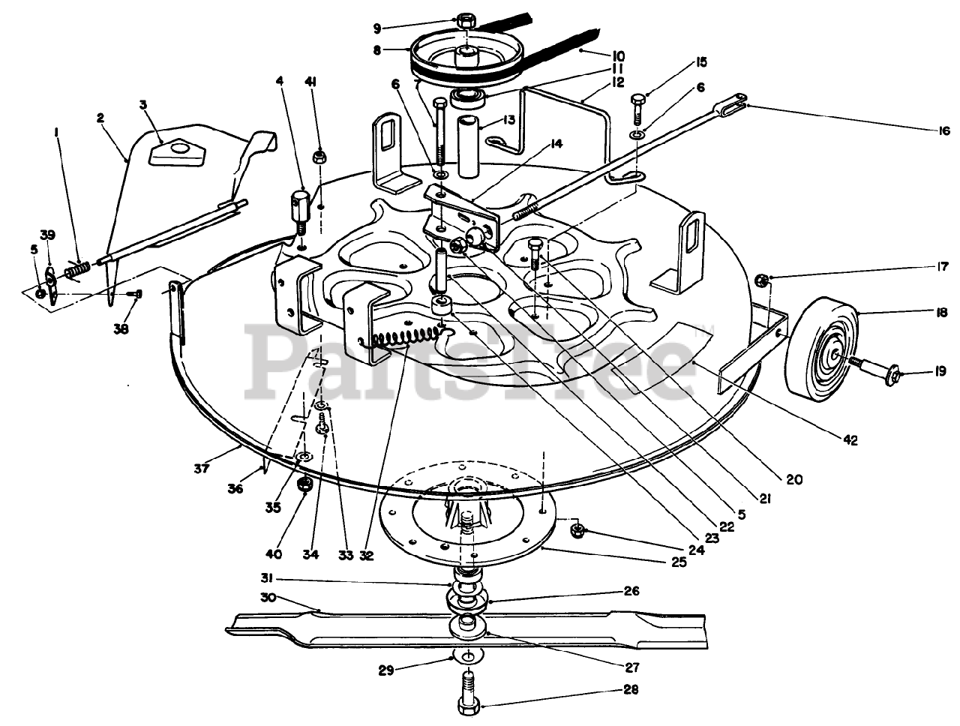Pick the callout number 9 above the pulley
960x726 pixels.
[x=376, y=28]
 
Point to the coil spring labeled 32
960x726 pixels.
[x=411, y=337]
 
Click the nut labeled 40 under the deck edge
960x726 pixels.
[x=305, y=484]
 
